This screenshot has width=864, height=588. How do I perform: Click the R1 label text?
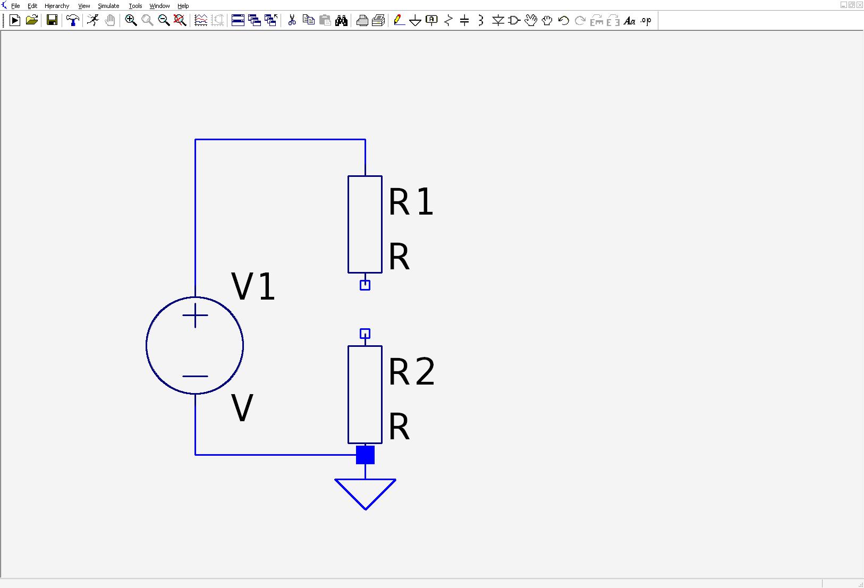click(411, 201)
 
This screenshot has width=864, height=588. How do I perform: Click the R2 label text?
click(412, 371)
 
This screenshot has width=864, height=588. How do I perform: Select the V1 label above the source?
click(253, 286)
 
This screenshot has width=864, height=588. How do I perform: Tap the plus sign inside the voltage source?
click(195, 316)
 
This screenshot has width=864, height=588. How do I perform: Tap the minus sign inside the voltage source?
click(195, 376)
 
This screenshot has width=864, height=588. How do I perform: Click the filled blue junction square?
click(365, 455)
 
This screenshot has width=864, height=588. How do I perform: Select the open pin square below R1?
click(365, 285)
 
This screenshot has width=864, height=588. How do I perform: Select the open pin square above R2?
click(365, 334)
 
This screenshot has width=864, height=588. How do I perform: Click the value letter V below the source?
click(242, 408)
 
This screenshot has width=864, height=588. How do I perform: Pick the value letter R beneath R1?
click(399, 257)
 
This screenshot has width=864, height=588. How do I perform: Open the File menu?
click(15, 6)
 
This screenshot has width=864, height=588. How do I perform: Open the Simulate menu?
click(108, 6)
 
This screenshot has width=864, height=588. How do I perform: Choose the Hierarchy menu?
click(57, 6)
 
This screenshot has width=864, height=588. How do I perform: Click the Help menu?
click(183, 6)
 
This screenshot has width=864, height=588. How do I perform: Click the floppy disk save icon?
click(52, 20)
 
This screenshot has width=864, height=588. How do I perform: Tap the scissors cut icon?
click(292, 20)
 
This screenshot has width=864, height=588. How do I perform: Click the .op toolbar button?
click(646, 20)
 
